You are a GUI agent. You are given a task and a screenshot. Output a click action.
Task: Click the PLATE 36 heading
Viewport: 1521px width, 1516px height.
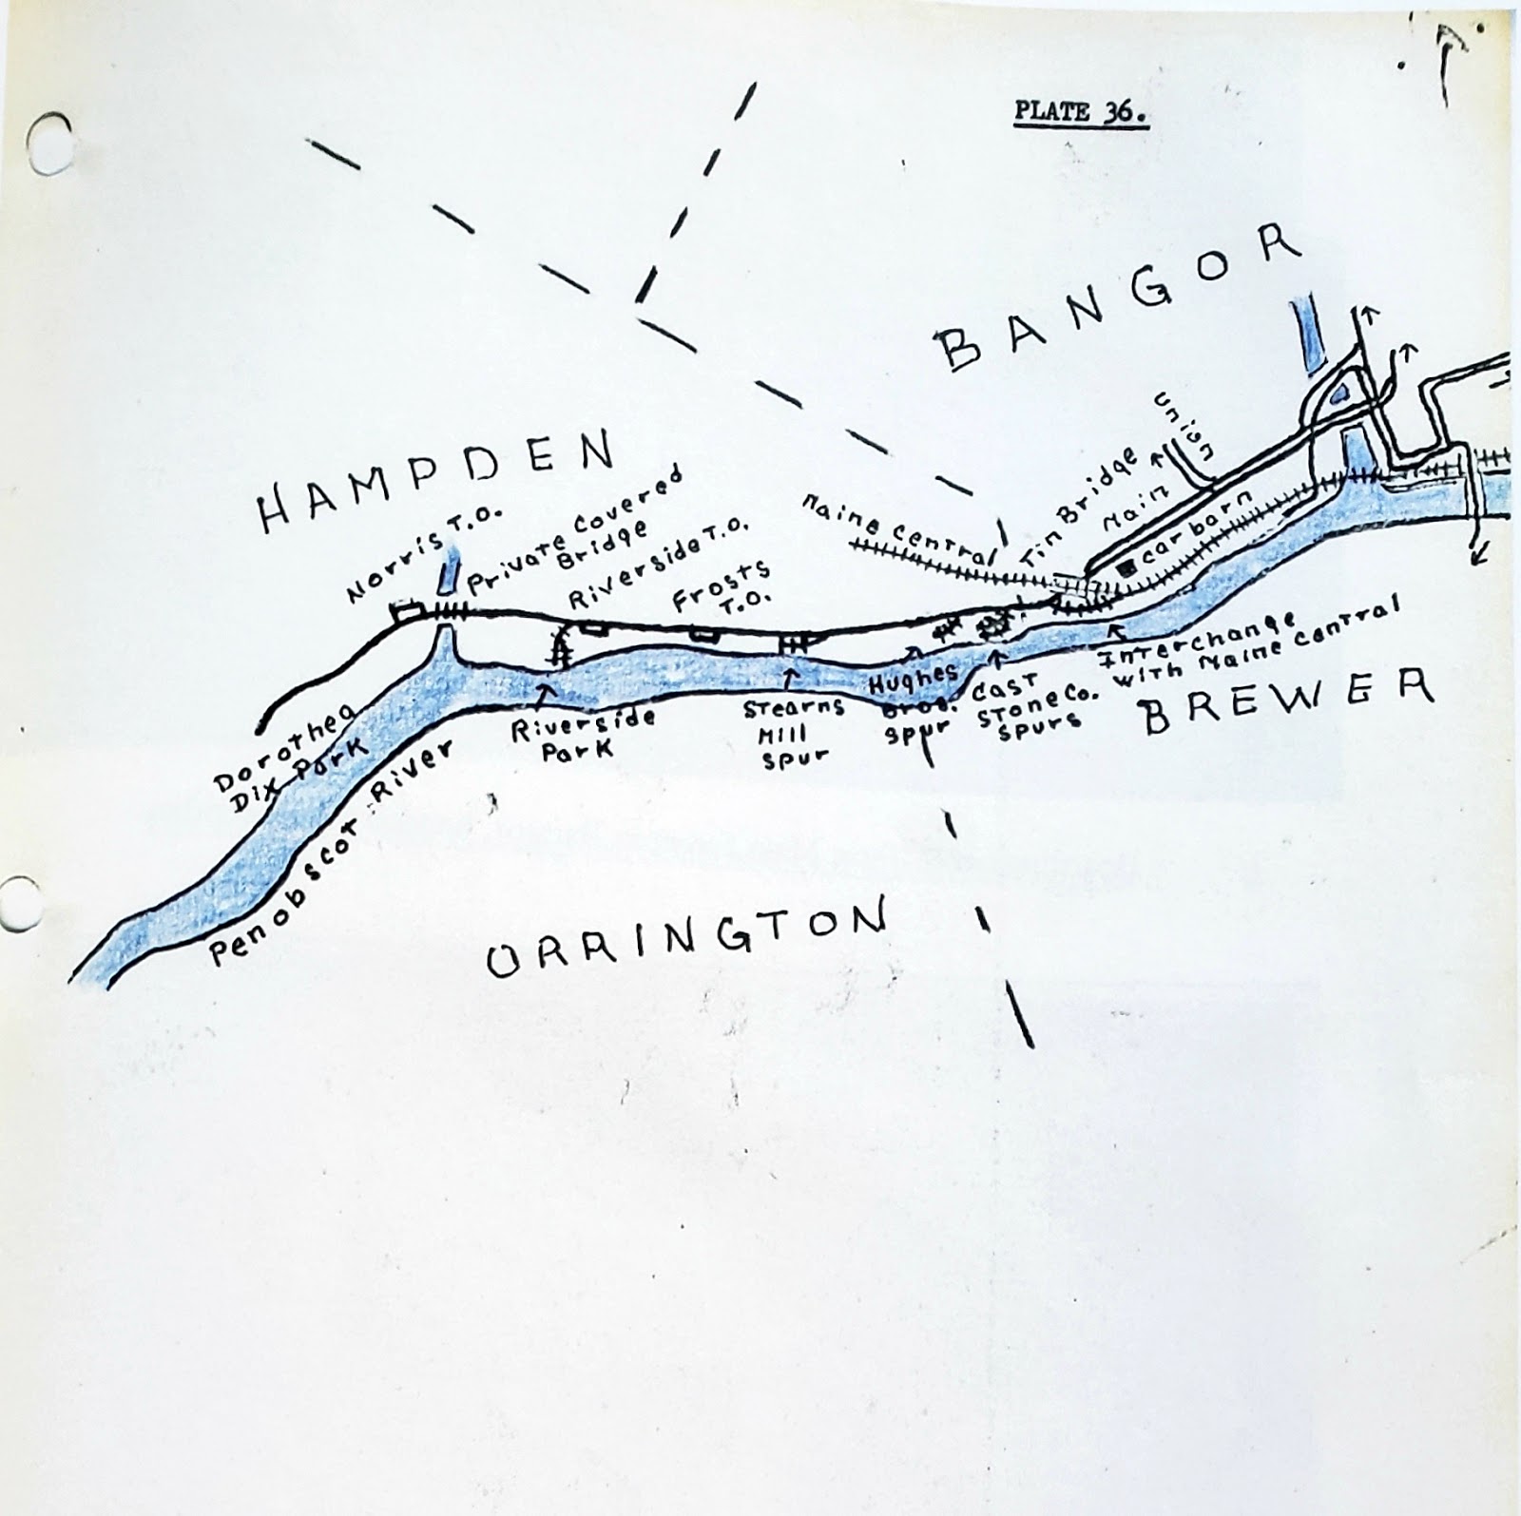pos(1081,112)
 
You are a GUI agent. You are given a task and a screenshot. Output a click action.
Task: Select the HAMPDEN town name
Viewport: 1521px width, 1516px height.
pos(435,481)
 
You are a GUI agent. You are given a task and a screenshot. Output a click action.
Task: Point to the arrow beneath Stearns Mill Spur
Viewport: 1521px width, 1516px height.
pos(788,678)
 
